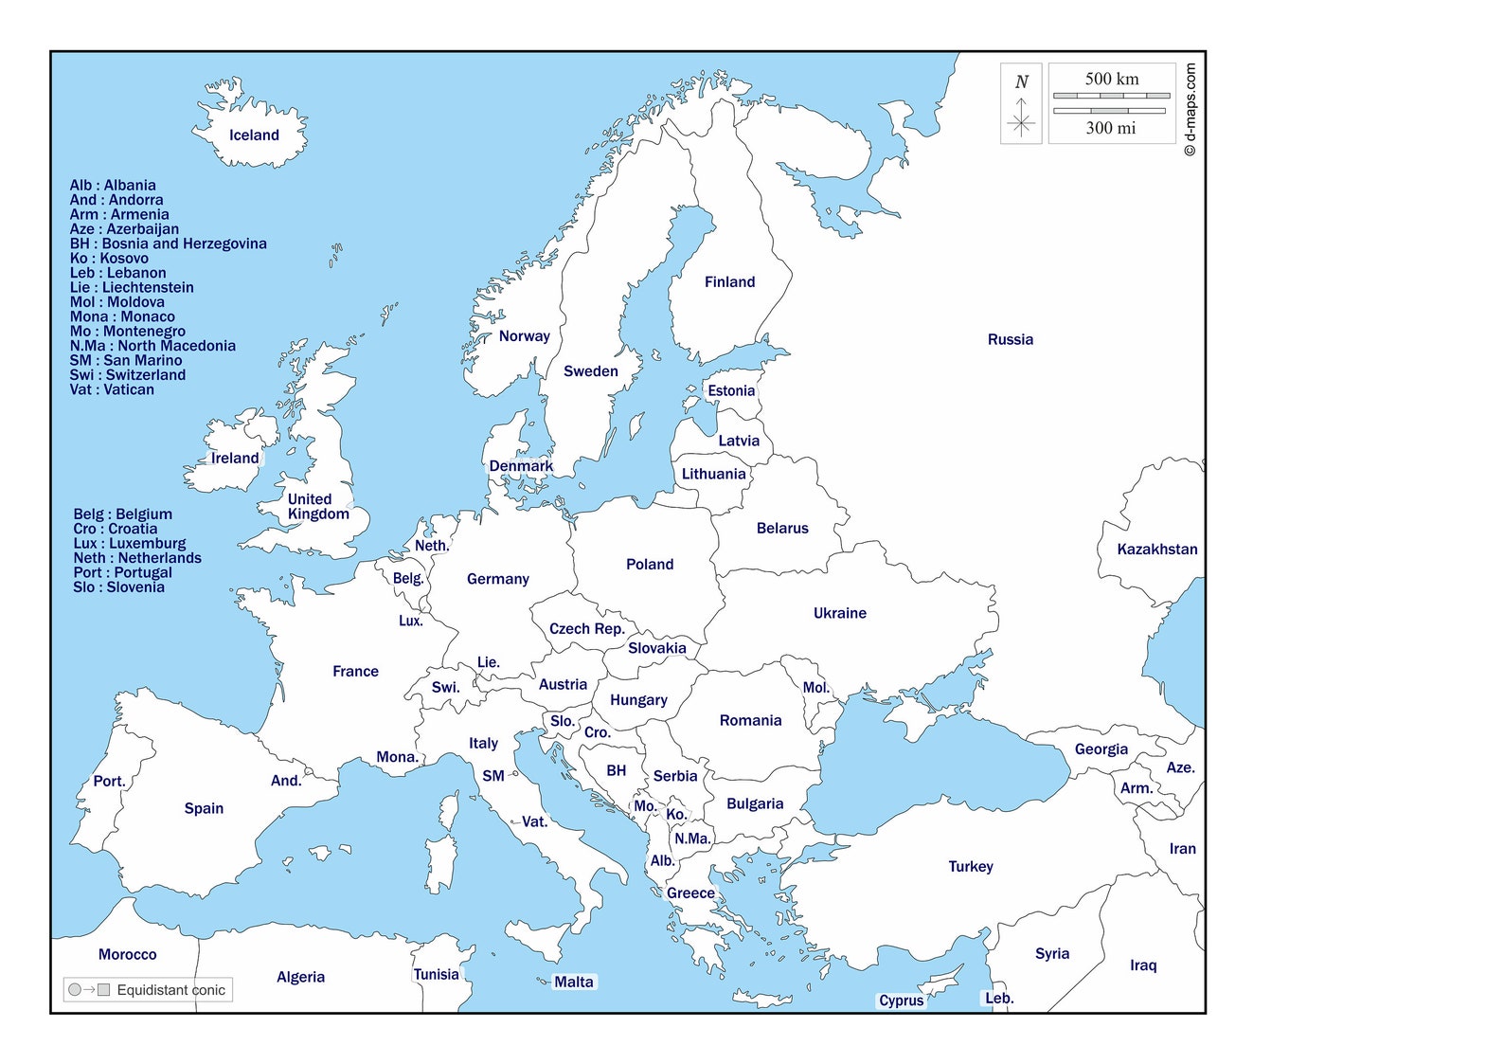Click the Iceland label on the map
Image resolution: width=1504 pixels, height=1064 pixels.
pos(254,135)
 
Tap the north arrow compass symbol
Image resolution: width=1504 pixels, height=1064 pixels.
pos(1021,104)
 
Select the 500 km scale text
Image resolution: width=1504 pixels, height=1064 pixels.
pos(1112,79)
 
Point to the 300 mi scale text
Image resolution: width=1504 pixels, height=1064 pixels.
pos(1110,128)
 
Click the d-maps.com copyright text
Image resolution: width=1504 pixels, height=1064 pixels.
pos(1190,109)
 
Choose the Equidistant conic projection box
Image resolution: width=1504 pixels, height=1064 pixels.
pos(148,990)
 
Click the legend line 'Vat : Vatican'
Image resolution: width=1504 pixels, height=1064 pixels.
pos(112,389)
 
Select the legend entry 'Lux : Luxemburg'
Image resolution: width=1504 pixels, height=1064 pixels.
pos(130,544)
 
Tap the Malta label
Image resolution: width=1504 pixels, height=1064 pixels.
pos(573,983)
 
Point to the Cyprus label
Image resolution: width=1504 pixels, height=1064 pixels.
pos(901,1001)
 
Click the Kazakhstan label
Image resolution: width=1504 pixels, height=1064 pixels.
pos(1156,550)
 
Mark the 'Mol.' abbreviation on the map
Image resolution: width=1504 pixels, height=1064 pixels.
pos(815,688)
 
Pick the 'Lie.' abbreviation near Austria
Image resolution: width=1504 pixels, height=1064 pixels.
pos(488,662)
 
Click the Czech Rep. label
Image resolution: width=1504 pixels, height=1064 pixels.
pos(586,629)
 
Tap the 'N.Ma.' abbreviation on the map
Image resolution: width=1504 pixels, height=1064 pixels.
pos(691,839)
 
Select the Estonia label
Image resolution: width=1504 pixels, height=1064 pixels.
pos(731,391)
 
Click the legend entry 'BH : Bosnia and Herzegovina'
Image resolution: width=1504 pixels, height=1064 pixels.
pos(168,243)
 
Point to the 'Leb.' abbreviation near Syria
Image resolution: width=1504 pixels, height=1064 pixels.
pos(999,999)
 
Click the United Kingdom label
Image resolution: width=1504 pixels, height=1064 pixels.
pos(317,507)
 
